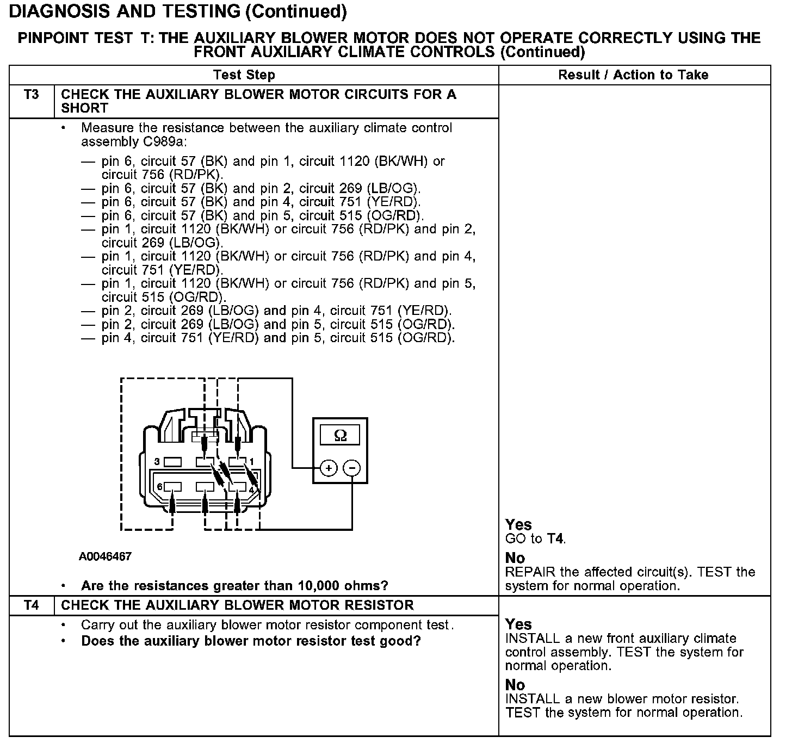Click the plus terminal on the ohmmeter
tap(329, 468)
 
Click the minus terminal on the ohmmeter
tap(352, 468)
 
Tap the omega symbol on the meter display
tap(340, 436)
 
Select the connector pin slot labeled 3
tap(172, 462)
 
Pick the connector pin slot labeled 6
tap(172, 486)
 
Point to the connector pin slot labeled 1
tap(237, 462)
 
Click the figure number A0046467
tap(105, 556)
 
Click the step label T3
tap(32, 95)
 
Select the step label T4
tap(32, 605)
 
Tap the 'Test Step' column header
tap(244, 75)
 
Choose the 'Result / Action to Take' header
tap(633, 75)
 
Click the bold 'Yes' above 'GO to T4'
tap(518, 524)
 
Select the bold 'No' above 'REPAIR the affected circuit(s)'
tap(515, 558)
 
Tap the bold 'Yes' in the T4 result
tap(518, 624)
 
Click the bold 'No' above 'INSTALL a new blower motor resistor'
tap(515, 684)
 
